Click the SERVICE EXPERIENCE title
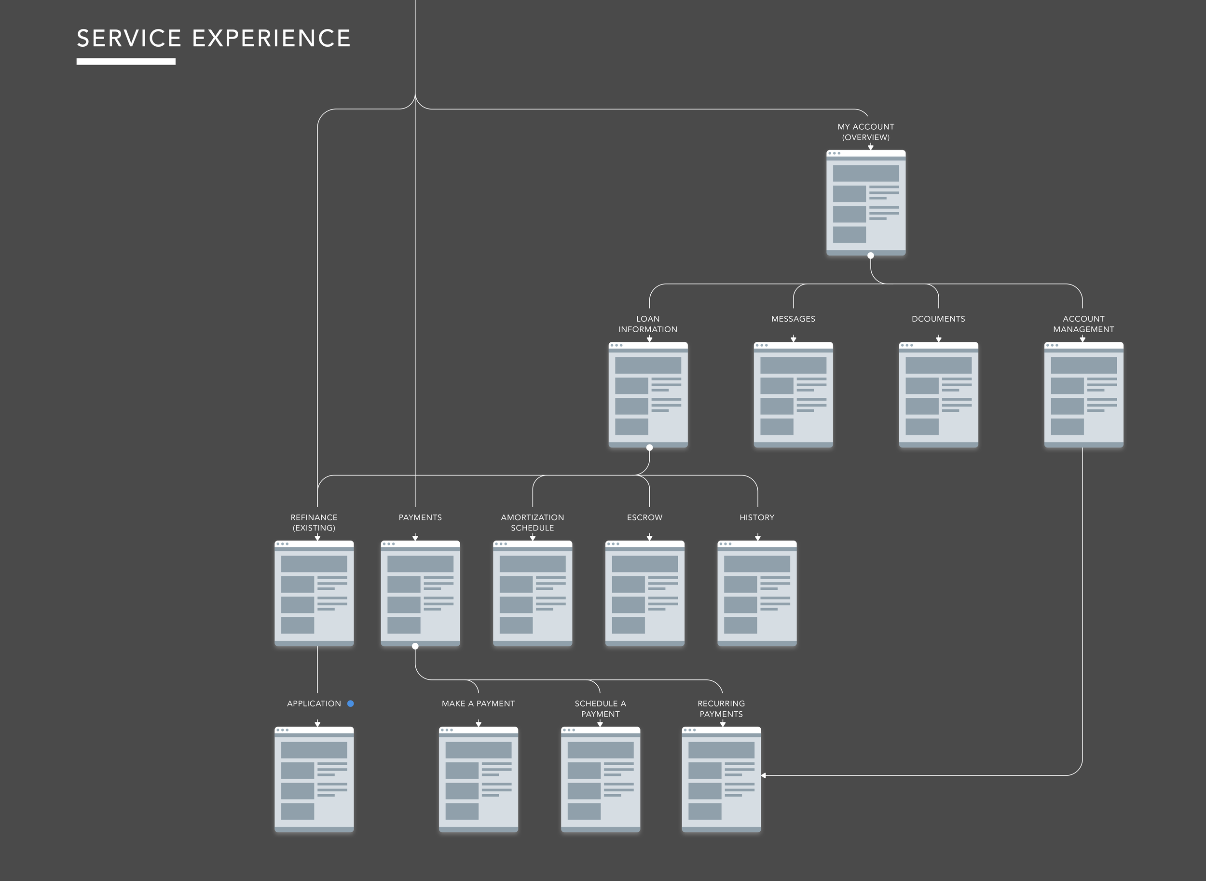213,39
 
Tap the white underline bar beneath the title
126,61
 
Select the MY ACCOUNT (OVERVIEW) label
866,132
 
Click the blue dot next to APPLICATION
350,704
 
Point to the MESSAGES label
793,319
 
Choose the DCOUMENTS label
938,319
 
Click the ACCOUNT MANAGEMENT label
1083,324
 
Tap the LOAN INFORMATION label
647,324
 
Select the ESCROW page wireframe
644,594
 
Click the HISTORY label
756,517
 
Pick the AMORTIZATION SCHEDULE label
532,523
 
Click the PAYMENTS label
420,517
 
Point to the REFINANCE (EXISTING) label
314,523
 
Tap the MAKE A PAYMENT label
478,704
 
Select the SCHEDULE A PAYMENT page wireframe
600,779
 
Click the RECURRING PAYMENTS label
721,709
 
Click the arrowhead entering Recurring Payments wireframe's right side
764,775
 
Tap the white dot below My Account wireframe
871,256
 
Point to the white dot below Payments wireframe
415,646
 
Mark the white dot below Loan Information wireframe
649,447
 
